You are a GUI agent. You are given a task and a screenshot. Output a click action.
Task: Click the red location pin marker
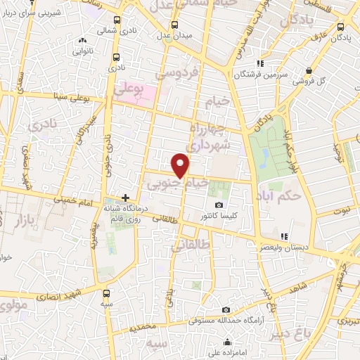click(181, 165)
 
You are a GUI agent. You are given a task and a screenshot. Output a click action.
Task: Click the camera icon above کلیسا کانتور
click(219, 205)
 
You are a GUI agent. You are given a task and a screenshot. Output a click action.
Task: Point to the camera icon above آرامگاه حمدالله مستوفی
click(225, 309)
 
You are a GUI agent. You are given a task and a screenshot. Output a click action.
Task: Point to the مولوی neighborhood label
click(11, 307)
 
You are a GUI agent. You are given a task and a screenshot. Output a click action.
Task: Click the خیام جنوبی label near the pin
click(177, 183)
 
